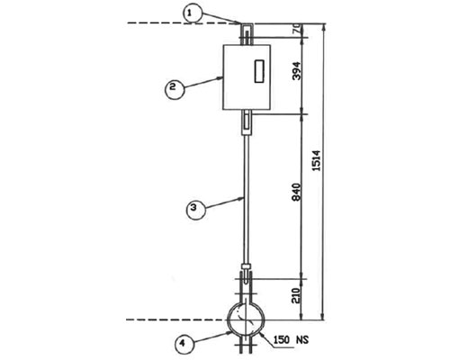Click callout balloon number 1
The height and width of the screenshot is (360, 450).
coord(193,14)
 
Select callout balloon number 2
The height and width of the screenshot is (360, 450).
coord(175,89)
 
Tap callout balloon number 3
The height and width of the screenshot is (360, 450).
coord(196,210)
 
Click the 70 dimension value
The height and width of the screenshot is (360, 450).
coord(297,30)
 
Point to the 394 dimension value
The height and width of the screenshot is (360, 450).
coord(296,71)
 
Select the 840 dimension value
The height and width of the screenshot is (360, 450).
coord(296,192)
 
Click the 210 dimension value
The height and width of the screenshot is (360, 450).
coord(296,295)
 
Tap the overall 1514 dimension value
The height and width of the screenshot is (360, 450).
coord(316,160)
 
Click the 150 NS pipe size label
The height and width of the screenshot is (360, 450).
coord(291,340)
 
